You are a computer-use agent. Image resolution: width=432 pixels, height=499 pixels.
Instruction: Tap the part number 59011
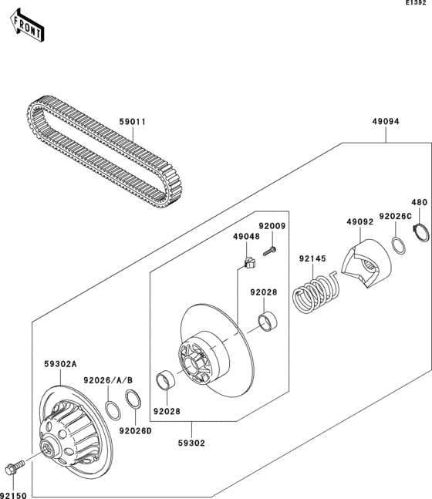pos(132,121)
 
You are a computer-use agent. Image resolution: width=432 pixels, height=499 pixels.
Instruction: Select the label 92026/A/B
pos(105,379)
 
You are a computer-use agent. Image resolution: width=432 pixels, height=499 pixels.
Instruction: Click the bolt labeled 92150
pos(15,467)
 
